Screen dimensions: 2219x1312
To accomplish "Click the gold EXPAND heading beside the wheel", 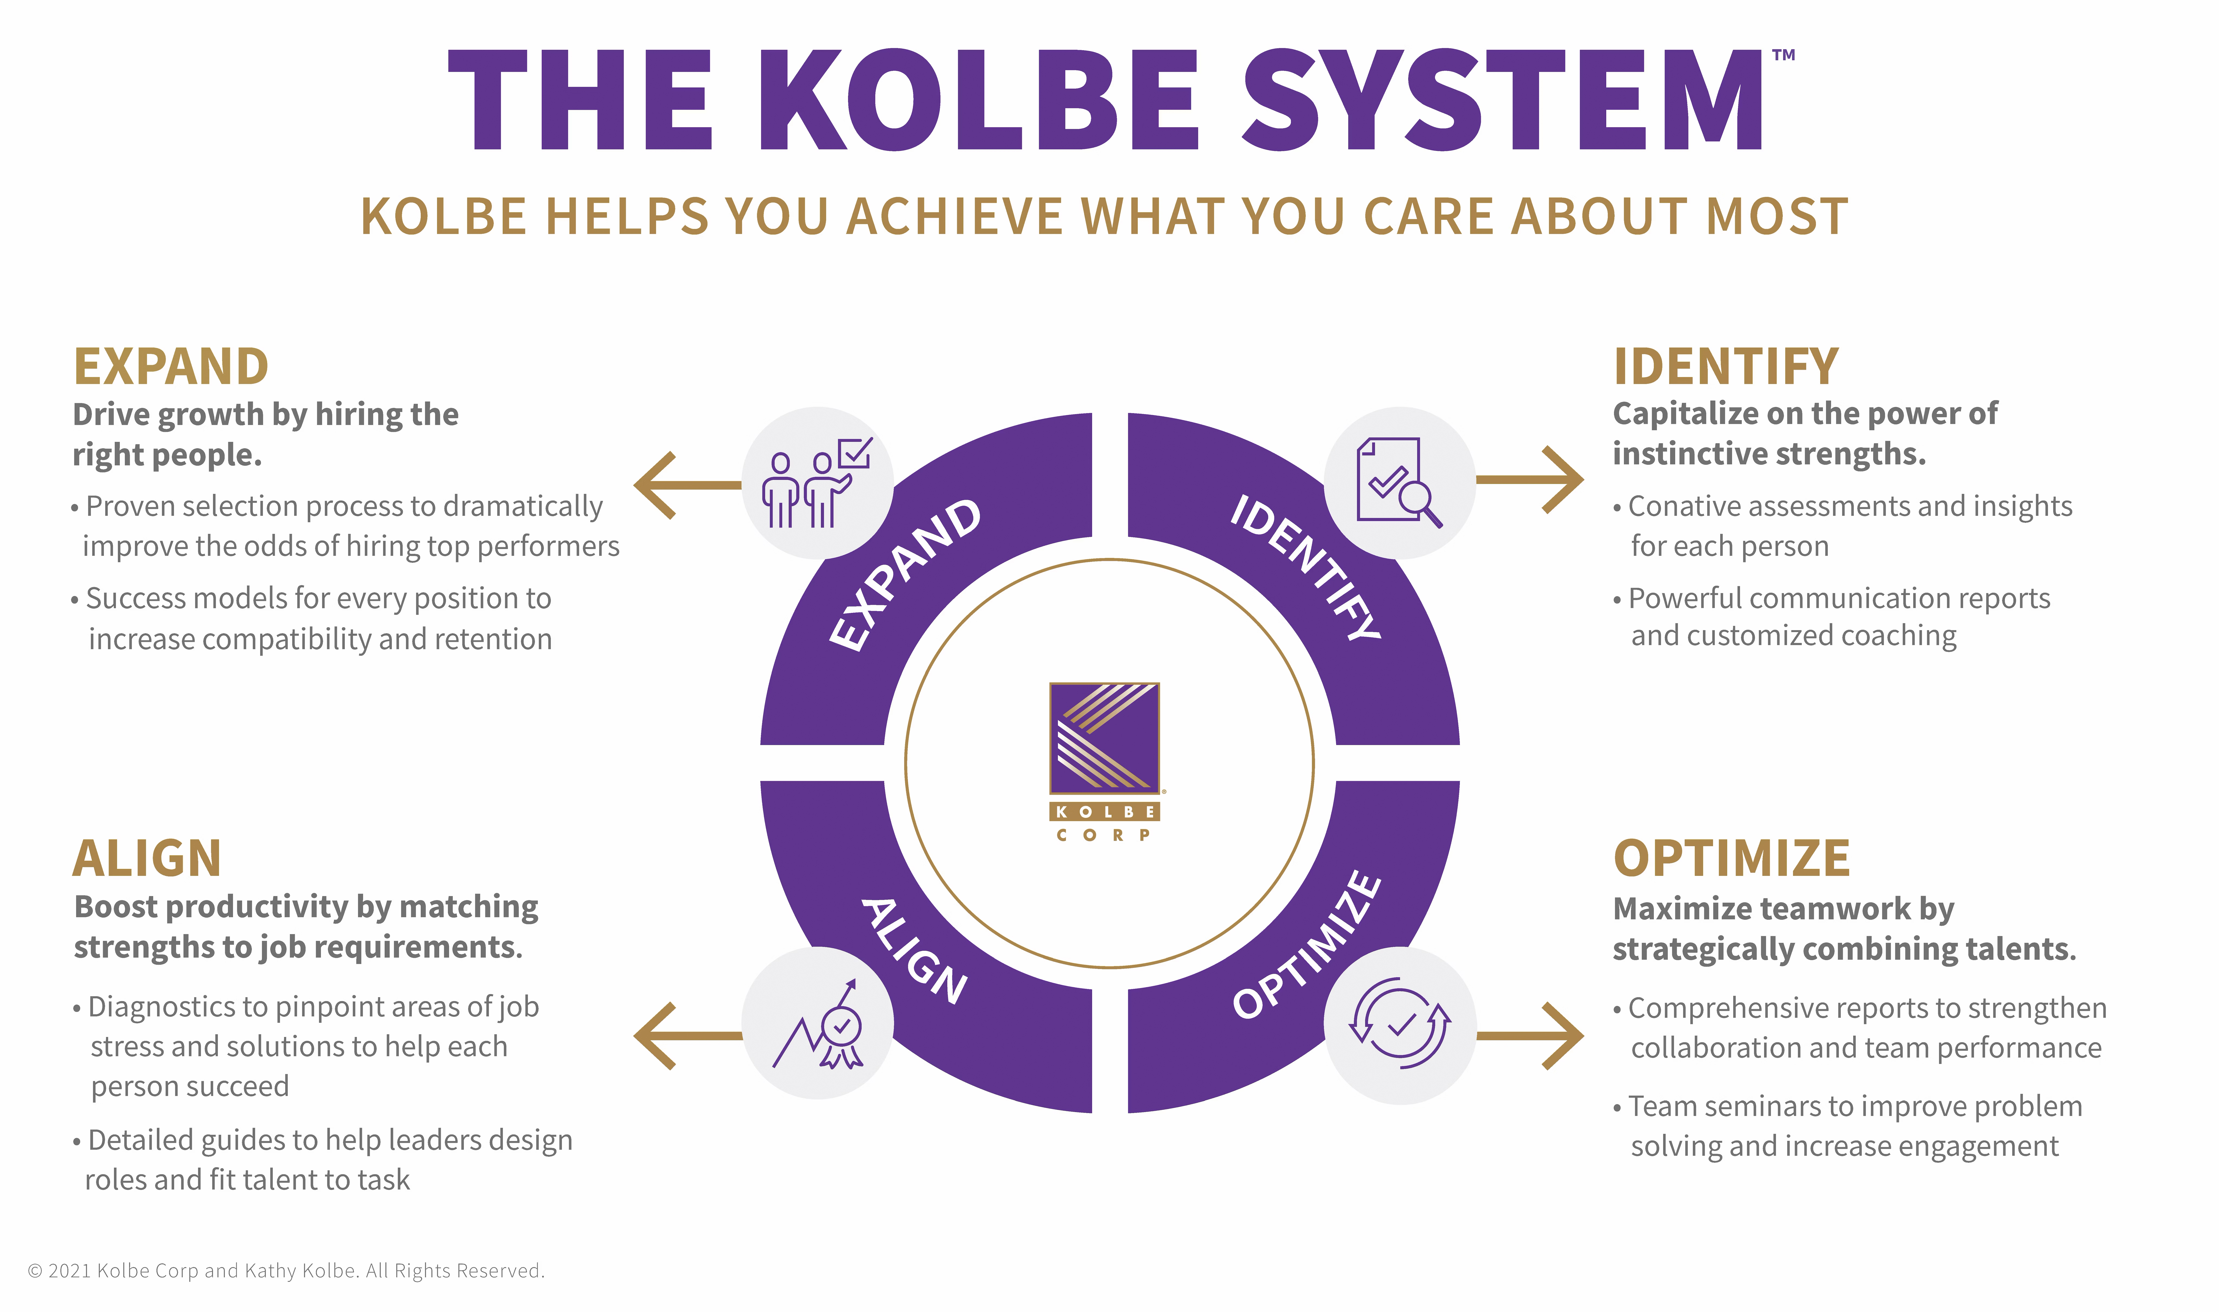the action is [171, 367].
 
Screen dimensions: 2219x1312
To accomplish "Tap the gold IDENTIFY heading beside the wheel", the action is [1726, 367].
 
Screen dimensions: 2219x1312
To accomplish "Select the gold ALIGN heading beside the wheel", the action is [147, 858].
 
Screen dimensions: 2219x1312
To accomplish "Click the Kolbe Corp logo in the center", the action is [1104, 761].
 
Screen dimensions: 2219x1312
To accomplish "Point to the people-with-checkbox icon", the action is [817, 483].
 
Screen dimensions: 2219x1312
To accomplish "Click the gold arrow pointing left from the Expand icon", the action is [687, 485].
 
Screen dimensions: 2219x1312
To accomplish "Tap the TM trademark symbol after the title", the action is [1783, 55].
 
